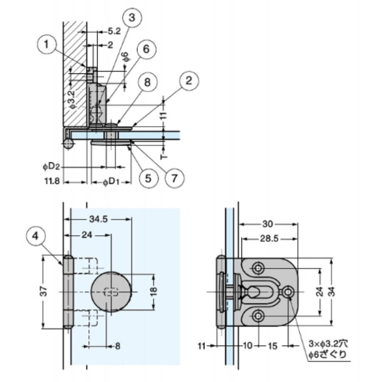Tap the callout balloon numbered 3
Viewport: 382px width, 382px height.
click(x=132, y=18)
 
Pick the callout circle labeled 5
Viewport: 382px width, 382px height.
click(x=148, y=177)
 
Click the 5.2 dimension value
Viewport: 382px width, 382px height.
click(x=114, y=31)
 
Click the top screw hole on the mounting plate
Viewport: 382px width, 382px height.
click(x=258, y=268)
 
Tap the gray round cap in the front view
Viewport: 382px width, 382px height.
click(x=111, y=292)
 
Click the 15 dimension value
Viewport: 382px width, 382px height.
click(x=272, y=346)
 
